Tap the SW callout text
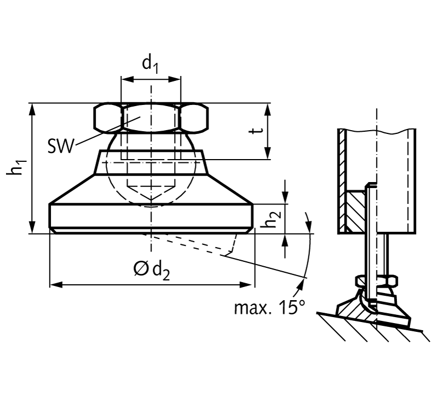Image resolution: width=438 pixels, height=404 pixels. [61, 146]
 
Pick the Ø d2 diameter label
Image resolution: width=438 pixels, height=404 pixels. [152, 271]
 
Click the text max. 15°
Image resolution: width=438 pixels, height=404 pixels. [269, 307]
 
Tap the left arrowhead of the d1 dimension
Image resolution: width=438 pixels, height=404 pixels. [127, 80]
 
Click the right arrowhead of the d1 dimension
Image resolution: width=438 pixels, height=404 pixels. [175, 80]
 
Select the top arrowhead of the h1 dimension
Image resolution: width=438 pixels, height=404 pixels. [33, 109]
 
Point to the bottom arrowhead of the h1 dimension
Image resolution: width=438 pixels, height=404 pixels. [33, 227]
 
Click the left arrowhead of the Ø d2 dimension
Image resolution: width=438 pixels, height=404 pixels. [56, 285]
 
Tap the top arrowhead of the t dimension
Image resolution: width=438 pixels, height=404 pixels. [268, 109]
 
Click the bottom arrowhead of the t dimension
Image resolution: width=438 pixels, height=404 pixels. [268, 154]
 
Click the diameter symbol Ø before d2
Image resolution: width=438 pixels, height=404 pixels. [141, 268]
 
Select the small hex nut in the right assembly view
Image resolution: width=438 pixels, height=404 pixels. [377, 281]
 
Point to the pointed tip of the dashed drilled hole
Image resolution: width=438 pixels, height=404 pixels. [152, 201]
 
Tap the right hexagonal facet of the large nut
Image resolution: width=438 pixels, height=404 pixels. [194, 118]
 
